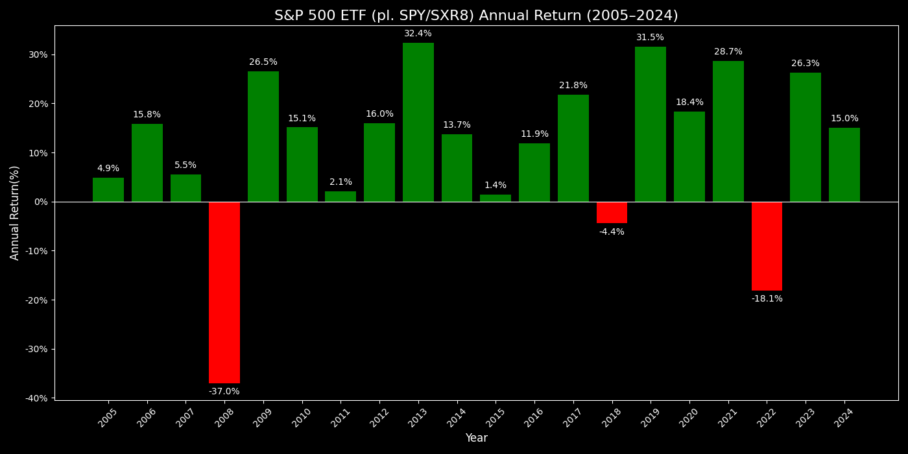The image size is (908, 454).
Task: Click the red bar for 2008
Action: point(224,292)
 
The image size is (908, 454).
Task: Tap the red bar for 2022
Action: point(767,246)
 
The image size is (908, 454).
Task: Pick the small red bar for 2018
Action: point(612,212)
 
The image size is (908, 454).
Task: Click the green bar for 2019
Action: point(651,124)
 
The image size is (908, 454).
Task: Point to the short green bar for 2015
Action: point(496,198)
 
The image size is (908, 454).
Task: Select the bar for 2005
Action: point(108,189)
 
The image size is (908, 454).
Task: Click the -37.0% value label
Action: point(224,392)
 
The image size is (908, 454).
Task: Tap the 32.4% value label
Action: point(418,34)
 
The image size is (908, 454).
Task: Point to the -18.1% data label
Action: point(767,299)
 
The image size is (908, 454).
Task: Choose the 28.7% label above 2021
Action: point(728,52)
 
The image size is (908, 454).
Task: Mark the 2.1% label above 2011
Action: point(340,182)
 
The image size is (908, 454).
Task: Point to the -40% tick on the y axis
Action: point(37,398)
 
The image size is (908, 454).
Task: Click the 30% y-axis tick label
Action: point(38,54)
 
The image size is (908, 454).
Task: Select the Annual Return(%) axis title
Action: point(15,213)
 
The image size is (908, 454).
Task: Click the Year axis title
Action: point(476,438)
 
